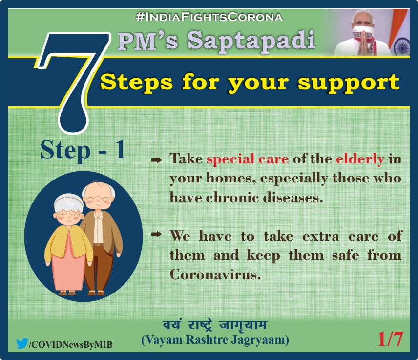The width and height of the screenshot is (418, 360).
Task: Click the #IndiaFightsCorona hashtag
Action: pyautogui.click(x=209, y=17)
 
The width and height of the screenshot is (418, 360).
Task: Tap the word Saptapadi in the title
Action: pyautogui.click(x=251, y=41)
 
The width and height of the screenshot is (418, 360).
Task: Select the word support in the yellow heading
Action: pyautogui.click(x=349, y=83)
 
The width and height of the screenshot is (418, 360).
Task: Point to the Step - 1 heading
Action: pyautogui.click(x=83, y=151)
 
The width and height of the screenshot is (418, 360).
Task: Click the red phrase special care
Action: pyautogui.click(x=248, y=159)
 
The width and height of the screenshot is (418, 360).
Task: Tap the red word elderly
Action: pyautogui.click(x=360, y=159)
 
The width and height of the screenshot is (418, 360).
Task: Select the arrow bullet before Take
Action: pyautogui.click(x=157, y=160)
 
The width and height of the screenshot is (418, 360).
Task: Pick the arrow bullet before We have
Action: pyautogui.click(x=157, y=234)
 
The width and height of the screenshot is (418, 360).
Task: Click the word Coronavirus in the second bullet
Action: pyautogui.click(x=215, y=274)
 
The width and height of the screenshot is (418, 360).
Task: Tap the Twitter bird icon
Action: pyautogui.click(x=22, y=343)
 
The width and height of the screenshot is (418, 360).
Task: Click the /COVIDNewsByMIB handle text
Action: pyautogui.click(x=71, y=344)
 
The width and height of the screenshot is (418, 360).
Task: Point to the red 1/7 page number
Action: pyautogui.click(x=390, y=339)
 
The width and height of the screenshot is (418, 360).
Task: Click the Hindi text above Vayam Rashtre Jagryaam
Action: pyautogui.click(x=215, y=325)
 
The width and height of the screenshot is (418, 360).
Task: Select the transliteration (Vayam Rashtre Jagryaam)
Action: pyautogui.click(x=215, y=340)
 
